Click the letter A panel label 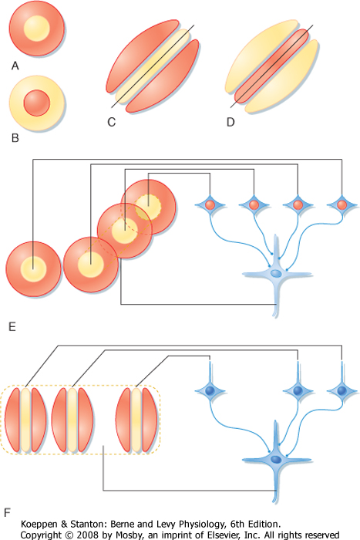coord(15,66)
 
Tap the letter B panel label coord(15,138)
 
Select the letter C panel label coord(112,122)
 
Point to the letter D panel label coord(230,122)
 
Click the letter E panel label coord(12,326)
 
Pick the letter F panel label coord(7,513)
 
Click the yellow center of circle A coord(37,29)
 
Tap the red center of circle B coord(37,103)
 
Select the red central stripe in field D coord(271,66)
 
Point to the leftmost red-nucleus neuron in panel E coord(210,205)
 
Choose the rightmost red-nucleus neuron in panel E coord(341,205)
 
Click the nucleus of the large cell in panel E coord(276,274)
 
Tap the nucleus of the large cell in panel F coord(276,460)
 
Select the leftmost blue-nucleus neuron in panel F coord(210,391)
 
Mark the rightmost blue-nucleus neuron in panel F coord(341,391)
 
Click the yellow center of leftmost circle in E coord(33,268)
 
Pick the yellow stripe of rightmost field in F coord(136,420)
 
